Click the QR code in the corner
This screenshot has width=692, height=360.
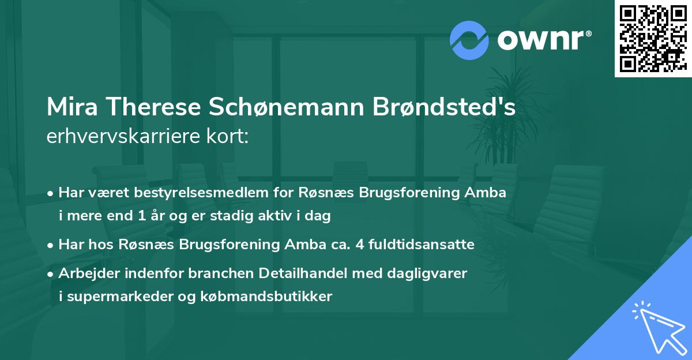(653, 38)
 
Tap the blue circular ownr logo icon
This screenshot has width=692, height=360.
(469, 40)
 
